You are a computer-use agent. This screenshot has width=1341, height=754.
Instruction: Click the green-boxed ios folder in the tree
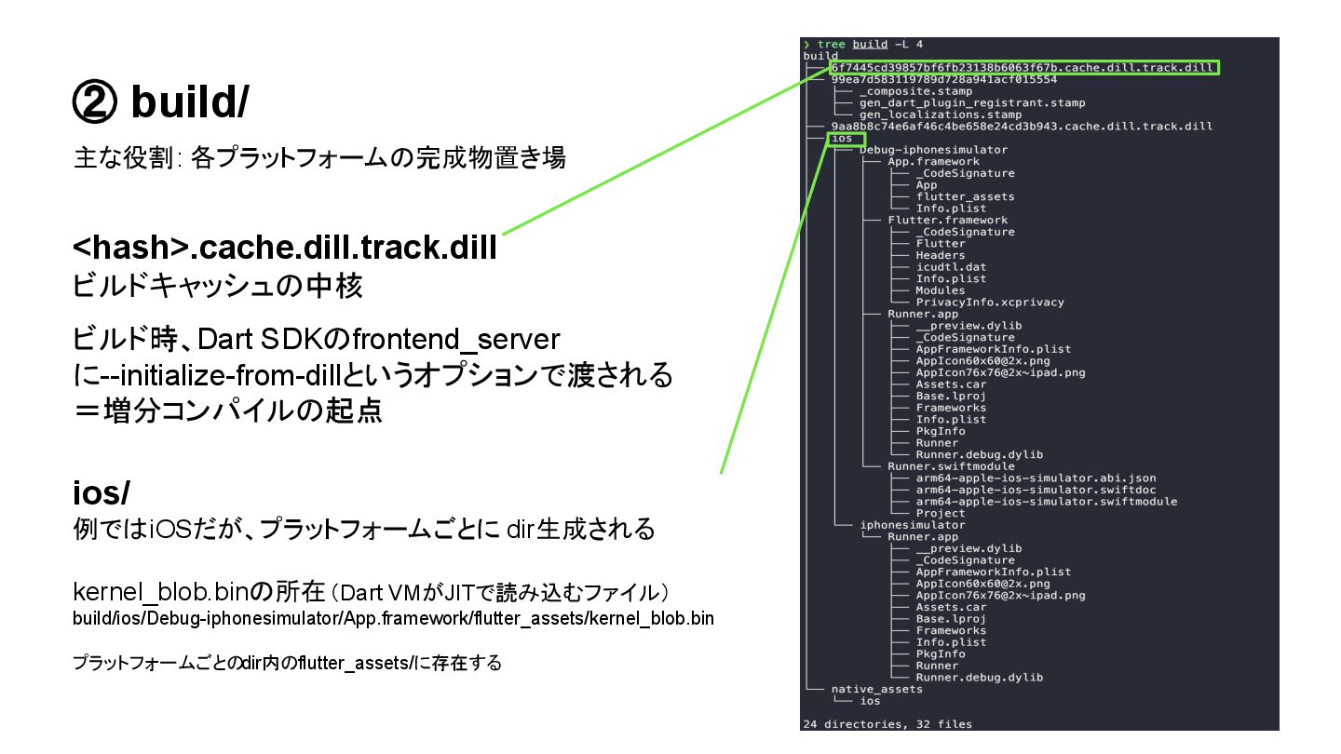(841, 138)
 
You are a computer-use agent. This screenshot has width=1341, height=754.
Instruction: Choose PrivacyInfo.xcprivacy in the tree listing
(989, 303)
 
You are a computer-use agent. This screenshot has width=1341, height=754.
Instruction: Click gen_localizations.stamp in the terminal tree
(940, 114)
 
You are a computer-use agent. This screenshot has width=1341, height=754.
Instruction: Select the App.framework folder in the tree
(920, 162)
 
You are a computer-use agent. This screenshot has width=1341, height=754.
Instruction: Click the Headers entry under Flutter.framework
(940, 255)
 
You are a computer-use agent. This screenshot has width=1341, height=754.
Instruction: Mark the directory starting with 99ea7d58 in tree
(943, 80)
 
